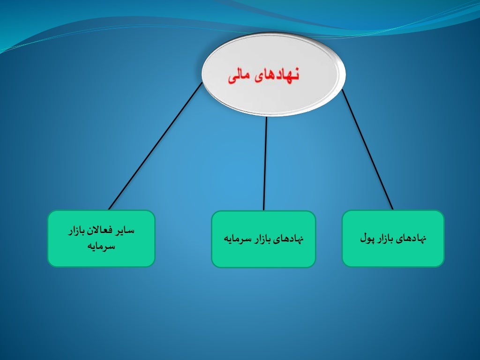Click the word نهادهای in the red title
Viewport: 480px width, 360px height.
[x=277, y=76]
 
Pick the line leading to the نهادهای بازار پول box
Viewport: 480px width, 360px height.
[x=367, y=149]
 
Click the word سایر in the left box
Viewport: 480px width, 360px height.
[x=125, y=231]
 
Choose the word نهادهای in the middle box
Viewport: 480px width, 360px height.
[x=290, y=239]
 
